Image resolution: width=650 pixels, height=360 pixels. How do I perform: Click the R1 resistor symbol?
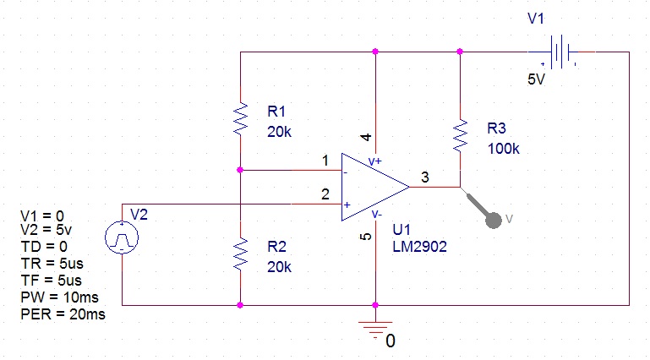tap(241, 119)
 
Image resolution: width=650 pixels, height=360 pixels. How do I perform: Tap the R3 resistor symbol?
tap(460, 134)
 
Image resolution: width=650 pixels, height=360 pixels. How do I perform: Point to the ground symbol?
tap(375, 330)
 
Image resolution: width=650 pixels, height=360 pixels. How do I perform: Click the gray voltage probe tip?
tap(493, 218)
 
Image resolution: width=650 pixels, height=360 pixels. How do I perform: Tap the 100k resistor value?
tap(505, 149)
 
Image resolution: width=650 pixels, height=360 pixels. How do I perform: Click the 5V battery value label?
tap(537, 80)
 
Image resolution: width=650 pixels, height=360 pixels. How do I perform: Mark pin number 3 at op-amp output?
tap(425, 177)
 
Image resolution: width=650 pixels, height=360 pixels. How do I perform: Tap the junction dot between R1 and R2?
tap(241, 170)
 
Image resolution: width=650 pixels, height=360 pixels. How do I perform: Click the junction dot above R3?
tap(460, 52)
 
